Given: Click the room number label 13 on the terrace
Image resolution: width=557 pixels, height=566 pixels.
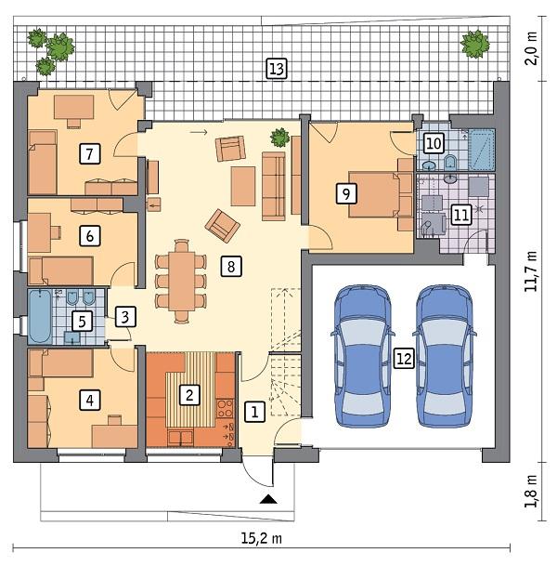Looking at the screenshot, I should click(x=276, y=68).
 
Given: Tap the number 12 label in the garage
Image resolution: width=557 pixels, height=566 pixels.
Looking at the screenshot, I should click(x=403, y=360).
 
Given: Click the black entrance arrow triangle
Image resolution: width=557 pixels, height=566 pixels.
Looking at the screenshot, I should click(x=268, y=501).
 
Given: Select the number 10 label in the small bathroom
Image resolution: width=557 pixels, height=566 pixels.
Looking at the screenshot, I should click(x=434, y=143).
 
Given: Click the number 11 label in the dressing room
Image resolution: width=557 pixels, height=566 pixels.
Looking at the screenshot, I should click(x=461, y=215).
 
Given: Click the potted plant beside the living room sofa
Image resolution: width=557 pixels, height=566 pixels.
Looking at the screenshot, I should click(x=278, y=138).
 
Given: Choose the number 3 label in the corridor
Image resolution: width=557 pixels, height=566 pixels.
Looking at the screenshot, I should click(x=127, y=316).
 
